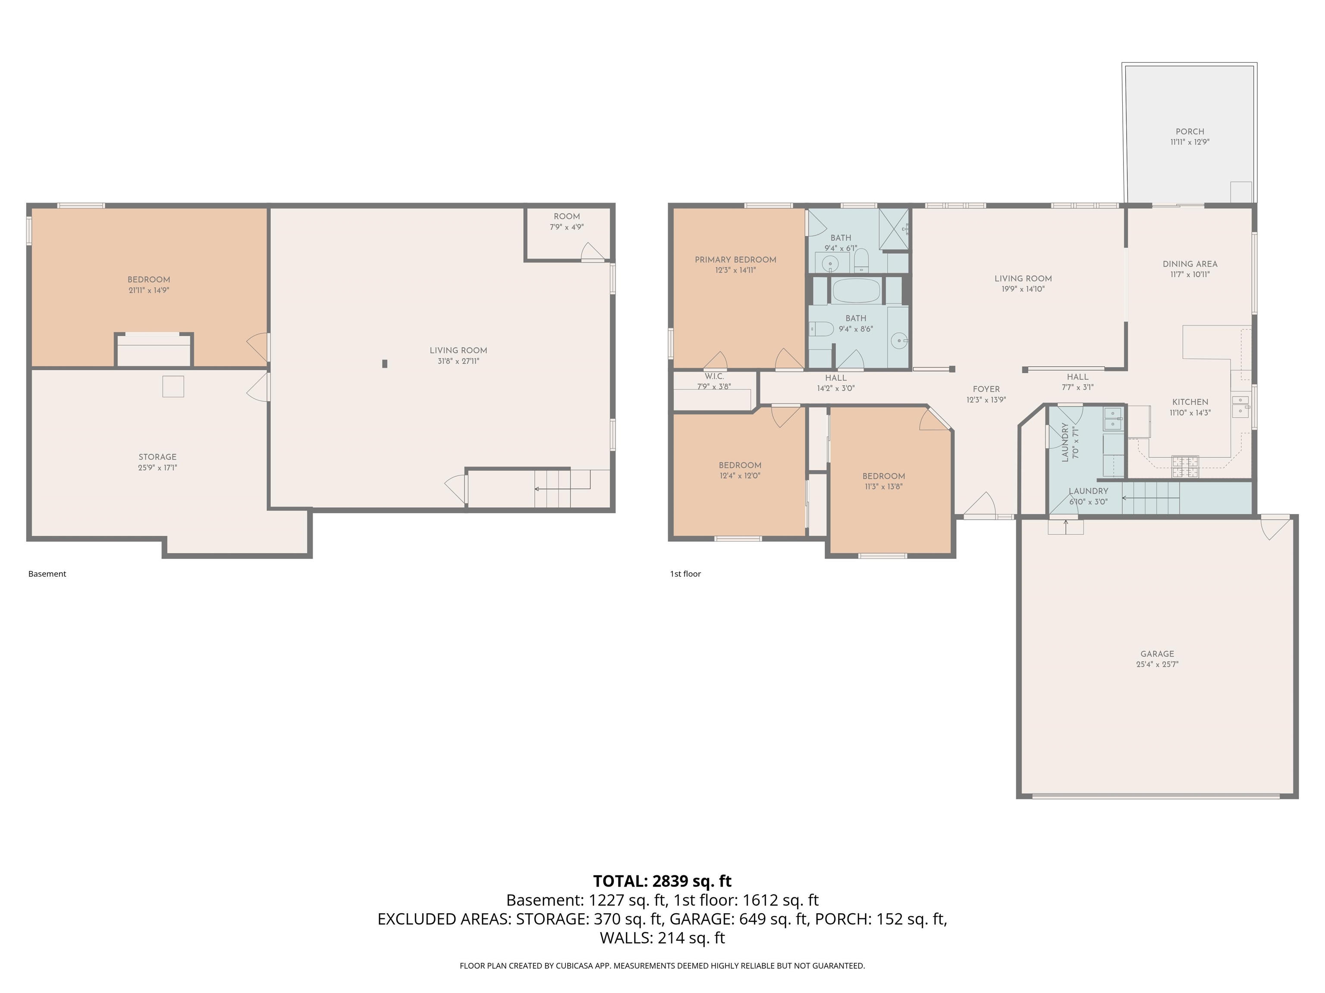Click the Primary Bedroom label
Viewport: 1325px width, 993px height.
pos(735,260)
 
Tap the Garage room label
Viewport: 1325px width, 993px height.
pos(1157,654)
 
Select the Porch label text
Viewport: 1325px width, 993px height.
pos(1190,132)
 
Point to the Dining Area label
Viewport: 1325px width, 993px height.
pos(1190,264)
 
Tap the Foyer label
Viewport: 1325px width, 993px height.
pos(986,389)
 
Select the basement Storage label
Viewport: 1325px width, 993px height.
pos(157,457)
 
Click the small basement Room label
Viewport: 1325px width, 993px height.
pos(567,217)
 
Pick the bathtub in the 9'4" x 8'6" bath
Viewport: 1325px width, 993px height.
pos(857,290)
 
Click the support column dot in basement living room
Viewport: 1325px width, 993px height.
pos(385,363)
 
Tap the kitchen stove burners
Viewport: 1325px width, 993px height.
pos(1185,467)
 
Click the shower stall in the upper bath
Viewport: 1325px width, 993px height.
pos(894,229)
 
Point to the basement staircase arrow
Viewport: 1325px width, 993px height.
pos(563,489)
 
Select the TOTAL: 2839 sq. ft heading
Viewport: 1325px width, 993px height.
pos(662,881)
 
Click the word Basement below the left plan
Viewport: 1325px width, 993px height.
pos(47,574)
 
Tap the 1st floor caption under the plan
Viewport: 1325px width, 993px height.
pos(685,574)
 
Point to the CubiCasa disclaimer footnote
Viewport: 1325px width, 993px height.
pos(662,965)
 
